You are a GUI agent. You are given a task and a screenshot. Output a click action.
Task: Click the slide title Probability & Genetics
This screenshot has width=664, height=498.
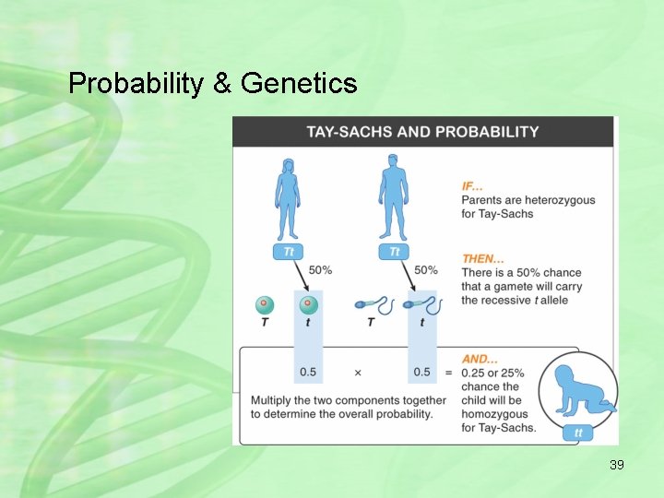pyautogui.click(x=212, y=84)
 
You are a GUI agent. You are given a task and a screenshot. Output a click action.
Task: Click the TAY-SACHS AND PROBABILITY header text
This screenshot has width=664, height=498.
pyautogui.click(x=422, y=132)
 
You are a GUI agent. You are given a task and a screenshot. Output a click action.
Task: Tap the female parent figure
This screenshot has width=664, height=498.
pyautogui.click(x=288, y=199)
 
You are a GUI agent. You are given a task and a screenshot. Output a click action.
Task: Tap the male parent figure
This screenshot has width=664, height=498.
pyautogui.click(x=394, y=199)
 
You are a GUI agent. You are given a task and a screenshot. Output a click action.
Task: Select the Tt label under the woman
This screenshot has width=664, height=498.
pyautogui.click(x=288, y=252)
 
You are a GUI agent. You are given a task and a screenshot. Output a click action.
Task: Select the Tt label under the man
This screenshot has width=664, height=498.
pyautogui.click(x=394, y=252)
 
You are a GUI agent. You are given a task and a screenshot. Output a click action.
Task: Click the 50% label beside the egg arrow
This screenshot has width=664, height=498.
pyautogui.click(x=320, y=270)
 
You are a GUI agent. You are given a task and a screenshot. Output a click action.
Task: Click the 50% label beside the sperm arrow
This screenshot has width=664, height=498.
pyautogui.click(x=426, y=270)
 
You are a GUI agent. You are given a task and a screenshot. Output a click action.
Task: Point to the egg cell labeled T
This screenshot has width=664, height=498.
pyautogui.click(x=265, y=304)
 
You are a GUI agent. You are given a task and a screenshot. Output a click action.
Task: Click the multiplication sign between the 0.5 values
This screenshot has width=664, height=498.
pyautogui.click(x=357, y=373)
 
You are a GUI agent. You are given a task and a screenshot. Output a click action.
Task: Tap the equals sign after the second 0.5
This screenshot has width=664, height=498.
pyautogui.click(x=448, y=373)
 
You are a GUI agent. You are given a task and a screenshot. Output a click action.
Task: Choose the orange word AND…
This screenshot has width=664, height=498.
pyautogui.click(x=480, y=359)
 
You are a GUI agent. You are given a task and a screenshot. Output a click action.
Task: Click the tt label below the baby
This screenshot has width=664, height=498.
pyautogui.click(x=578, y=433)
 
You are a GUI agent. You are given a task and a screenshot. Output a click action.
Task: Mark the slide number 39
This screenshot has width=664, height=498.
pyautogui.click(x=616, y=465)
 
